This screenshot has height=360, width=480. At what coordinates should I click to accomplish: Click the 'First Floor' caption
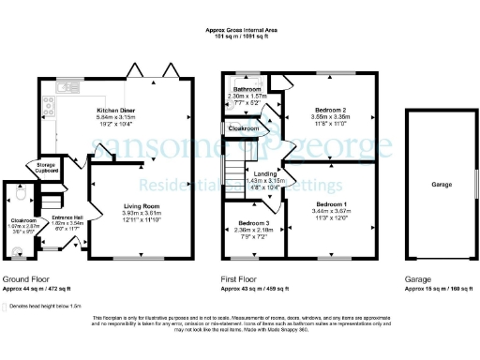240,279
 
